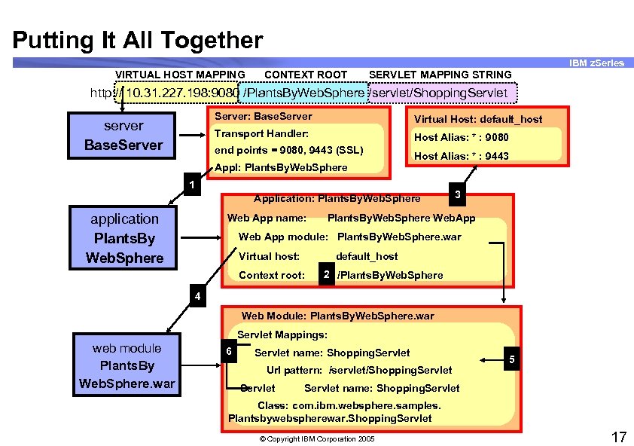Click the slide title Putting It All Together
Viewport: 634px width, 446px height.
[x=138, y=39]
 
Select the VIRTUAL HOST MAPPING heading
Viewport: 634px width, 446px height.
[x=179, y=75]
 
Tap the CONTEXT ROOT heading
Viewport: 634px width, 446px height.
[x=306, y=75]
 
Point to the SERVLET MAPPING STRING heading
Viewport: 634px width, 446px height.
[x=440, y=75]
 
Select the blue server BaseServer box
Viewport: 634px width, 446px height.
[x=123, y=136]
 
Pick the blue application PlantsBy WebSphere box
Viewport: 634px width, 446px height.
[x=125, y=238]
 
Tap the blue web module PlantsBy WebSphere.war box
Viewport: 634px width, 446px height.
[x=126, y=366]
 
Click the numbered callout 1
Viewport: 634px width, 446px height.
[x=192, y=185]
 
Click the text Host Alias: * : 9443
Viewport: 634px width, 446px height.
[x=461, y=156]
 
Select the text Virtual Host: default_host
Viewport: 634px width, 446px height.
[x=477, y=118]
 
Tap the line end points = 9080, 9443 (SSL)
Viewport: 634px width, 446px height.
[x=288, y=150]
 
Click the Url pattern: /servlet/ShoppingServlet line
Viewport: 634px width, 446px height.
[x=359, y=370]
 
